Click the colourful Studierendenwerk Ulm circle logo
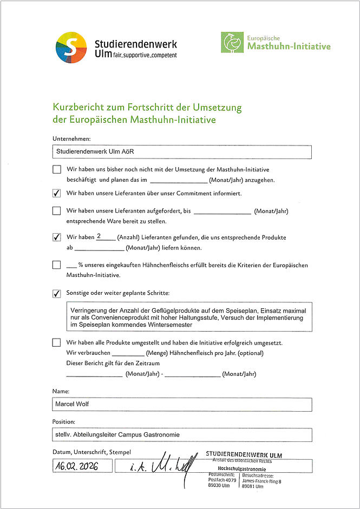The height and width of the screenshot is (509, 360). pyautogui.click(x=71, y=48)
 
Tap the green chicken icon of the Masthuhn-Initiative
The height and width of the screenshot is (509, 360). pyautogui.click(x=232, y=42)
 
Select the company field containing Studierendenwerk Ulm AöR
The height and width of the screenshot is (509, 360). pyautogui.click(x=182, y=152)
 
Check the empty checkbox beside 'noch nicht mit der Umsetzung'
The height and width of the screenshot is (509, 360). pyautogui.click(x=57, y=169)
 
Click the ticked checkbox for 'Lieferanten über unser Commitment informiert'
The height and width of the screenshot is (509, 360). pyautogui.click(x=57, y=193)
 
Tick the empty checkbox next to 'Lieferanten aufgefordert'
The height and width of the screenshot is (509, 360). pyautogui.click(x=57, y=211)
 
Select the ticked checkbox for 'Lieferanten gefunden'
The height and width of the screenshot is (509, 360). pyautogui.click(x=57, y=237)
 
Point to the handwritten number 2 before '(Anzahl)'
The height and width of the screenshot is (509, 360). pyautogui.click(x=99, y=236)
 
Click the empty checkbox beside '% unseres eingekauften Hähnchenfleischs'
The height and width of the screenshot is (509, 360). pyautogui.click(x=57, y=265)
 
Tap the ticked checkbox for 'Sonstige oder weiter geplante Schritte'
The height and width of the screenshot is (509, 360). pyautogui.click(x=57, y=293)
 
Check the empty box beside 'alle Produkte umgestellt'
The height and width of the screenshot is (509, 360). pyautogui.click(x=57, y=342)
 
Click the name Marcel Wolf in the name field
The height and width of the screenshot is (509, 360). pyautogui.click(x=73, y=404)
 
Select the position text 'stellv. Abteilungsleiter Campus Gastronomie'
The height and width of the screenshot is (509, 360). pyautogui.click(x=117, y=434)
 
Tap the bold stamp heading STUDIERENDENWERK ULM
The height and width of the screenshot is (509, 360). pyautogui.click(x=244, y=455)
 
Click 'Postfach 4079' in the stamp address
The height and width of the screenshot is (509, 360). pyautogui.click(x=222, y=480)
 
